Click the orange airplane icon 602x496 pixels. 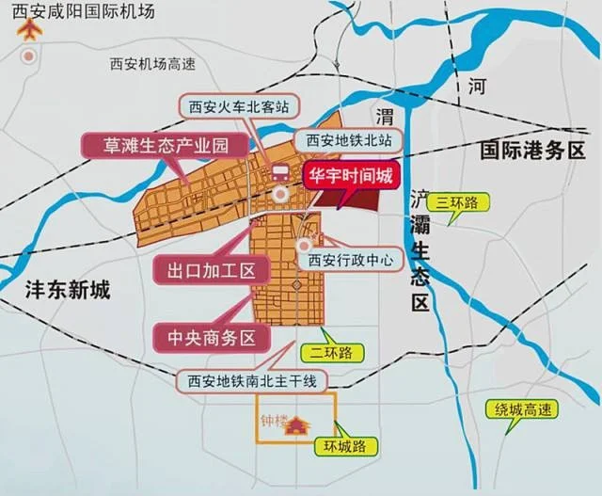[31, 31]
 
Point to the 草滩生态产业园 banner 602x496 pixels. [166, 145]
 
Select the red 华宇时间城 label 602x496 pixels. [351, 174]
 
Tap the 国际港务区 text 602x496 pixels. [531, 150]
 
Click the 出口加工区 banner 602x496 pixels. [212, 270]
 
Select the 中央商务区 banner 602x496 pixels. [212, 336]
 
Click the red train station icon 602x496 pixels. [279, 171]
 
